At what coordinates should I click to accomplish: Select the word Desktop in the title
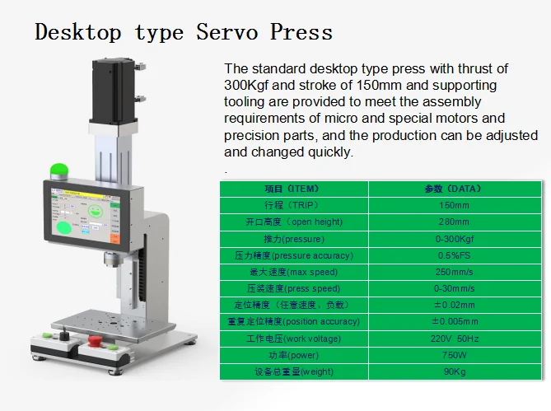tap(78, 33)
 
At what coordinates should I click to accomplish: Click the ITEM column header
tap(292, 189)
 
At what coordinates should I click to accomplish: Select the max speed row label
tap(292, 272)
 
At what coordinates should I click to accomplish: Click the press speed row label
tap(292, 288)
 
